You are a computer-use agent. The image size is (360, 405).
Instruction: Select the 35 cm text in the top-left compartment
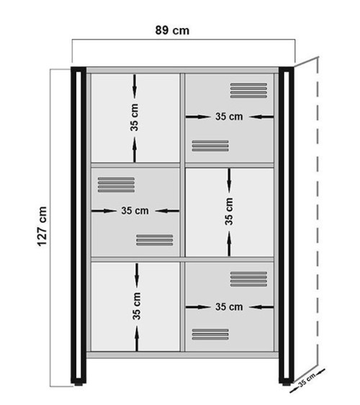pyautogui.click(x=135, y=117)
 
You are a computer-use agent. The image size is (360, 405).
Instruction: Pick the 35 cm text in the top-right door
pyautogui.click(x=229, y=117)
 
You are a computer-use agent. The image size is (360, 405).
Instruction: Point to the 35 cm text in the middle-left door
pyautogui.click(x=135, y=211)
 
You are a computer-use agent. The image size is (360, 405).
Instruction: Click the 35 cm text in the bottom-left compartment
pyautogui.click(x=136, y=305)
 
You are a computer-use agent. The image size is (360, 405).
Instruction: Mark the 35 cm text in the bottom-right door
pyautogui.click(x=229, y=306)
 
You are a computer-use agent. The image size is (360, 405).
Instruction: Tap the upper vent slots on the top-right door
pyautogui.click(x=248, y=89)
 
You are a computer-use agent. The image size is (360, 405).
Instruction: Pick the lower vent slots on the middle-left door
pyautogui.click(x=154, y=240)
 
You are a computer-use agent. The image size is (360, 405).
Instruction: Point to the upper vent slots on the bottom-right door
pyautogui.click(x=248, y=278)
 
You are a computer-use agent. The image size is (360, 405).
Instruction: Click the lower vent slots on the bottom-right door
pyautogui.click(x=210, y=334)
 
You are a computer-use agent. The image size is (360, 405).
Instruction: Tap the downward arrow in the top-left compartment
pyautogui.click(x=135, y=86)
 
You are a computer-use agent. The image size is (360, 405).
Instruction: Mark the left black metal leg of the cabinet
pyautogui.click(x=76, y=223)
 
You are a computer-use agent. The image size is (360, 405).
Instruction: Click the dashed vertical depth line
pyautogui.click(x=316, y=216)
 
